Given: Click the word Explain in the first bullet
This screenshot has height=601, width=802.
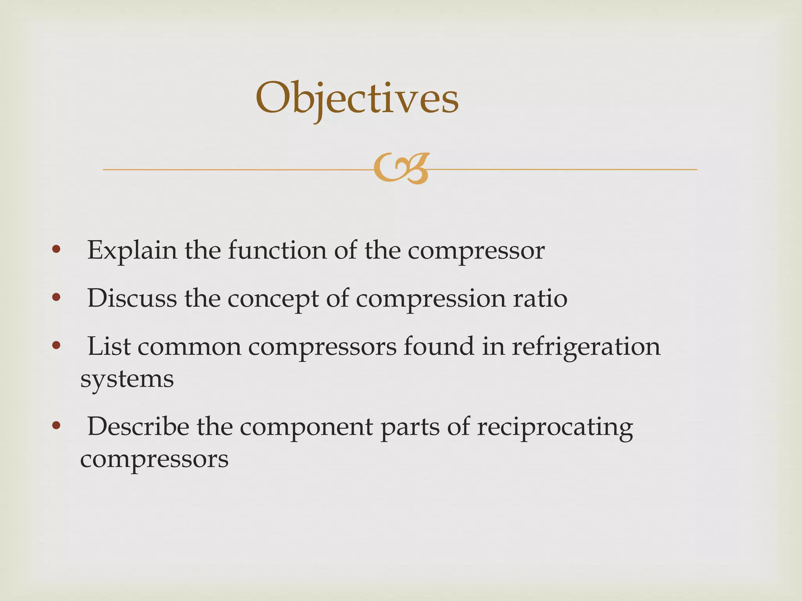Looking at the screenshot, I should pos(132,250).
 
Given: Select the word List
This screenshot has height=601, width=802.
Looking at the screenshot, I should pos(109,347).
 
